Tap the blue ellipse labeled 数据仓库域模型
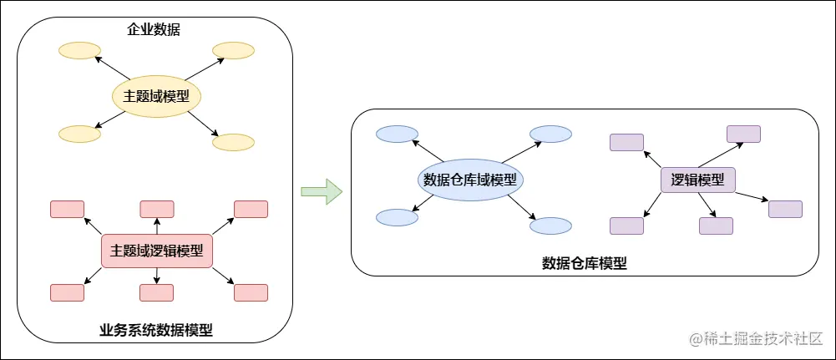(469, 180)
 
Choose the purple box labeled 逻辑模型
(697, 180)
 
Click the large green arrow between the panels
(322, 191)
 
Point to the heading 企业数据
(154, 31)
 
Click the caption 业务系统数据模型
(155, 330)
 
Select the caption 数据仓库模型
(584, 263)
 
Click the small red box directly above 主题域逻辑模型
(156, 209)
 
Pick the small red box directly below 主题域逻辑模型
(156, 292)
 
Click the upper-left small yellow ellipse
(79, 51)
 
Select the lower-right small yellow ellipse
(233, 142)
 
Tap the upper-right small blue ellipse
(550, 134)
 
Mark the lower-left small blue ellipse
(397, 217)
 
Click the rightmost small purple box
(785, 209)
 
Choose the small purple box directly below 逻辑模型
(716, 226)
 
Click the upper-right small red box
(251, 209)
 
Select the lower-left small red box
(67, 292)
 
